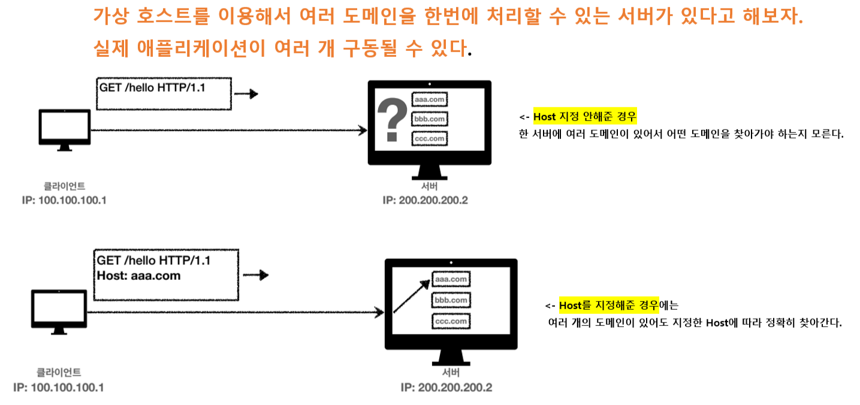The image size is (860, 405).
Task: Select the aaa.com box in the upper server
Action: pos(430,99)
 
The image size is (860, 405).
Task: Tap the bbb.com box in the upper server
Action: pos(430,119)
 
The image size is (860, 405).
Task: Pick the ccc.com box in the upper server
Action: pos(430,138)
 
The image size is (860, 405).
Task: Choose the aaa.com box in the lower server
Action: pos(451,279)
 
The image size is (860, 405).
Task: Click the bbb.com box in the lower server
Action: pos(451,300)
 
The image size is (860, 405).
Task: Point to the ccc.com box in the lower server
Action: pos(451,321)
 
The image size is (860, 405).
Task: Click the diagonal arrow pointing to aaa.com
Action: pos(411,295)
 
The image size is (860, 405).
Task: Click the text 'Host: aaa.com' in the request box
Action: pos(138,276)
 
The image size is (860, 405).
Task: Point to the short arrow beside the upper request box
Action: pos(246,94)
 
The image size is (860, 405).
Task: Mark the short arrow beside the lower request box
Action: pos(255,275)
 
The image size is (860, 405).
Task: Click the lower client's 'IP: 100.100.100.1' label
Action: pos(59,387)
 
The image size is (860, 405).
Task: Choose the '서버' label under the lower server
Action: pos(451,373)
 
